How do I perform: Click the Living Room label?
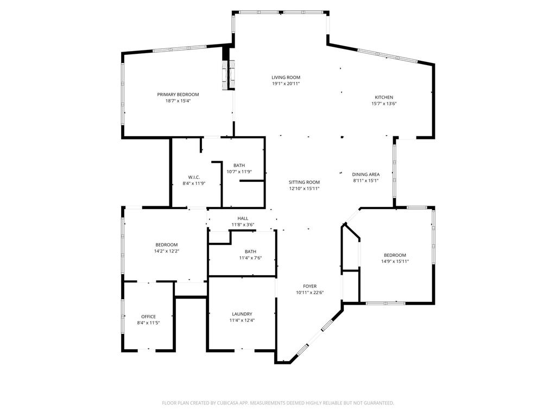click(286, 77)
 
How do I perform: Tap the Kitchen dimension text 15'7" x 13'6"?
click(384, 104)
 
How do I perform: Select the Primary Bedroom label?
click(178, 94)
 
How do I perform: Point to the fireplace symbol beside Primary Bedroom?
click(229, 75)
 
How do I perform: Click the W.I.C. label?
click(194, 177)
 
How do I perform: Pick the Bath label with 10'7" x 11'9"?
click(239, 165)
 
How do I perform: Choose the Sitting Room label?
click(304, 182)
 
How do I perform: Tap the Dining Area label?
click(366, 174)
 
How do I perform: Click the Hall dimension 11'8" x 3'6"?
click(243, 225)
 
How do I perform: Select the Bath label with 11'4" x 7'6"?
click(250, 251)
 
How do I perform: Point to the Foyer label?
click(310, 286)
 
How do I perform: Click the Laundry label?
click(242, 314)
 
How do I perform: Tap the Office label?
click(149, 317)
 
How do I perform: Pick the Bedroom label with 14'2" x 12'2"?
click(167, 245)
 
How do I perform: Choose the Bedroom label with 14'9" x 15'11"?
click(395, 255)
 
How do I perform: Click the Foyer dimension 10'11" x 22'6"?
click(310, 293)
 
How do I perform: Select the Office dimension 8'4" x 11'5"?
click(149, 323)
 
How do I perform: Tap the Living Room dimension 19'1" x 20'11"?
click(286, 84)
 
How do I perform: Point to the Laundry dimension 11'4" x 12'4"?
click(242, 320)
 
